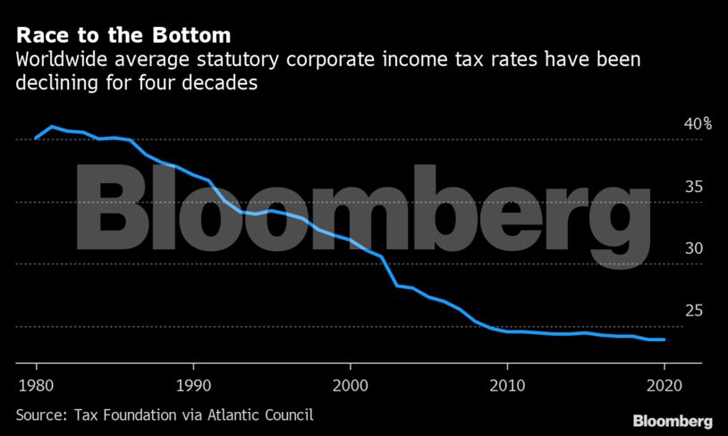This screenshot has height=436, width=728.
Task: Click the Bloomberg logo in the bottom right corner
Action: point(673,420)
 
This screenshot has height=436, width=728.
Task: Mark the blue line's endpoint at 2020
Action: point(664,340)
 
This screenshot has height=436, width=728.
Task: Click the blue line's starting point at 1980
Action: point(36,138)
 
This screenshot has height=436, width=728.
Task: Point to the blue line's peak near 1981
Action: point(52,127)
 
